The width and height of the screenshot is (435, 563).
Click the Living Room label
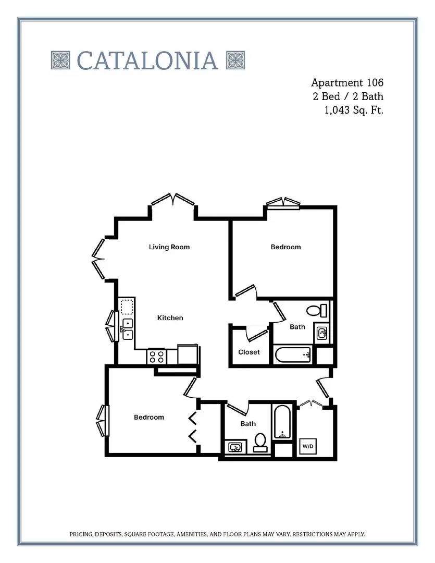pyautogui.click(x=169, y=247)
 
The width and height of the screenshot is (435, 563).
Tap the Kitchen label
pyautogui.click(x=170, y=318)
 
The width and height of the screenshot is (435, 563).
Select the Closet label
pyautogui.click(x=248, y=352)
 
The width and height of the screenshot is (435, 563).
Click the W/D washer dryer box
pyautogui.click(x=308, y=446)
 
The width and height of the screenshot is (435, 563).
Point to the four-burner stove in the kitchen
pyautogui.click(x=157, y=357)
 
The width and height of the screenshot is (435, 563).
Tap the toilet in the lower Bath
pyautogui.click(x=260, y=443)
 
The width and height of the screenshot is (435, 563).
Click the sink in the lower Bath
pyautogui.click(x=235, y=447)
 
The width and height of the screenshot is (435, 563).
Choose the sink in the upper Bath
pyautogui.click(x=322, y=333)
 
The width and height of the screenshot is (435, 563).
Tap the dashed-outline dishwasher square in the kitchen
pyautogui.click(x=127, y=308)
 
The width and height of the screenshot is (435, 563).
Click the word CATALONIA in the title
pyautogui.click(x=147, y=60)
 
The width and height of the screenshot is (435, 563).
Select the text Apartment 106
pyautogui.click(x=347, y=83)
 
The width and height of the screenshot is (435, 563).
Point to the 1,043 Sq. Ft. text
pyautogui.click(x=354, y=110)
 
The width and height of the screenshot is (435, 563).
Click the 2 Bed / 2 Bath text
pyautogui.click(x=348, y=96)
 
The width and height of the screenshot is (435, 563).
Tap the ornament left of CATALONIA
pyautogui.click(x=60, y=60)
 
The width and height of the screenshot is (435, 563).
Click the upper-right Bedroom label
pyautogui.click(x=285, y=247)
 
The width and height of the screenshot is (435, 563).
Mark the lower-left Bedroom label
pyautogui.click(x=149, y=417)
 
